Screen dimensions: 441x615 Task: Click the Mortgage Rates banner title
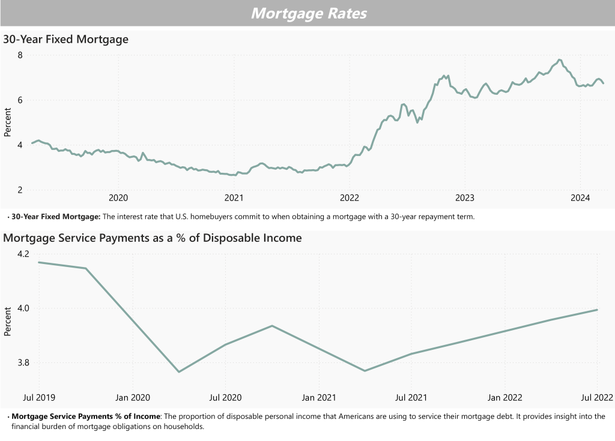(308, 13)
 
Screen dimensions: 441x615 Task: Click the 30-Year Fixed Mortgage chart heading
(66, 40)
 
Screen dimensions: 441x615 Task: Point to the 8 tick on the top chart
(19, 55)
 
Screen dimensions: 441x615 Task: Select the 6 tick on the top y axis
(19, 100)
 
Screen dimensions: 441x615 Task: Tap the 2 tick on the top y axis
(19, 190)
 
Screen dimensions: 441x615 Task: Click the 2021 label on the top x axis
(233, 199)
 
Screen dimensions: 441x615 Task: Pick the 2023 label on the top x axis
(464, 199)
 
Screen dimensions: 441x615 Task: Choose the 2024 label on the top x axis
(580, 199)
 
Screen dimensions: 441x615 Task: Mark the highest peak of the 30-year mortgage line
(559, 60)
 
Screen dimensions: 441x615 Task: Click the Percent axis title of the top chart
(8, 122)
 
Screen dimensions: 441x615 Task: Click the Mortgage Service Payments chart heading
(153, 238)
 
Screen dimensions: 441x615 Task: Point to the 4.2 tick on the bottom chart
(22, 254)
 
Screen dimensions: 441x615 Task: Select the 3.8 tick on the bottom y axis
(22, 363)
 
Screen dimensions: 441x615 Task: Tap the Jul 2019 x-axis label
(39, 397)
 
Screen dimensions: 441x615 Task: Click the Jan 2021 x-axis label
(318, 397)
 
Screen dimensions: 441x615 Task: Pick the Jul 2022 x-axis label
(597, 397)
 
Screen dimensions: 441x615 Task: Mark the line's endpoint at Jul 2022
(597, 310)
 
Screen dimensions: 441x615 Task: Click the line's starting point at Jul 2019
(39, 262)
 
